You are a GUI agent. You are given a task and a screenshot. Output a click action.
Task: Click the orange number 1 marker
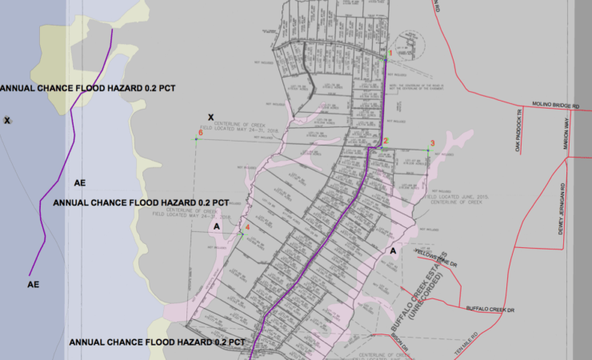click(x=390, y=54)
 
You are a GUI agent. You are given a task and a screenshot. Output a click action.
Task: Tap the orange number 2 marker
click(x=385, y=142)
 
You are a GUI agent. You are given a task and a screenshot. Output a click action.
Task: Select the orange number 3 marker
click(x=432, y=143)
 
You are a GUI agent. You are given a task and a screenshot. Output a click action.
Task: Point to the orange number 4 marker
click(x=247, y=227)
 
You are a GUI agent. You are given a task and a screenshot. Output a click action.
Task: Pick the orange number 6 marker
click(x=201, y=134)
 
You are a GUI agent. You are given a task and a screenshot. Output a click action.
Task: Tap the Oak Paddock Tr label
click(x=518, y=131)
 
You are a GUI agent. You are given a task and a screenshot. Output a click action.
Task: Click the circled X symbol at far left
click(x=7, y=120)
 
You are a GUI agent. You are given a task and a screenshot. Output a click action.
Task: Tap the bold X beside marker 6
click(x=210, y=117)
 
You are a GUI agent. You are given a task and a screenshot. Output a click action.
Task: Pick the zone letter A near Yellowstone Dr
click(x=393, y=250)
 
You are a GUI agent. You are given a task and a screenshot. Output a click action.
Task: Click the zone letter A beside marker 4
click(x=216, y=226)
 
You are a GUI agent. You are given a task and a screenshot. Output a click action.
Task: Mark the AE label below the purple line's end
click(x=34, y=284)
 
